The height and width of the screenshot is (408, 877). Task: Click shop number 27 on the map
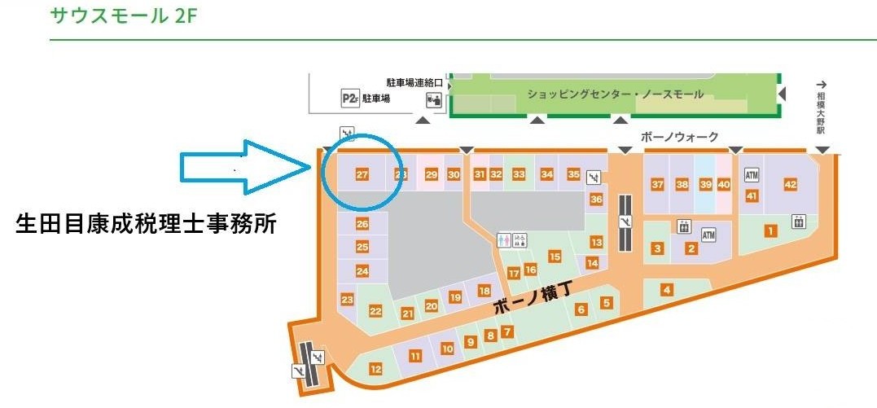pyautogui.click(x=362, y=174)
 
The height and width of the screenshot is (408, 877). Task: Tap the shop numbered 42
pyautogui.click(x=789, y=185)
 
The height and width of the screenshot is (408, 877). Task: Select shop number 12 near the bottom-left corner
pyautogui.click(x=375, y=369)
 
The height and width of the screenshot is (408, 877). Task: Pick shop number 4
pyautogui.click(x=667, y=289)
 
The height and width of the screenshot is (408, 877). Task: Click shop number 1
pyautogui.click(x=769, y=231)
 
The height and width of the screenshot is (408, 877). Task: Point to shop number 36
pyautogui.click(x=596, y=200)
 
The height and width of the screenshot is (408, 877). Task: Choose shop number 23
pyautogui.click(x=348, y=300)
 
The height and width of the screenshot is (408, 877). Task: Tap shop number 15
pyautogui.click(x=555, y=257)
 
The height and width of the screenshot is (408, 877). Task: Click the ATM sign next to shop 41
pyautogui.click(x=752, y=175)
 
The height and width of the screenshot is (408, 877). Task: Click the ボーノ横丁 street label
pyautogui.click(x=533, y=305)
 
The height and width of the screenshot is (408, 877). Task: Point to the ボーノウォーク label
pyautogui.click(x=680, y=137)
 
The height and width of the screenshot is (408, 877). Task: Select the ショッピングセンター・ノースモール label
pyautogui.click(x=615, y=94)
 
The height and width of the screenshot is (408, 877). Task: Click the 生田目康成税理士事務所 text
pyautogui.click(x=147, y=225)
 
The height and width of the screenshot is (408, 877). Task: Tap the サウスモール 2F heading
pyautogui.click(x=123, y=15)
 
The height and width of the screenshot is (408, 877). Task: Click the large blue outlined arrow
pyautogui.click(x=244, y=168)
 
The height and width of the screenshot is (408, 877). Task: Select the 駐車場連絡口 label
pyautogui.click(x=414, y=83)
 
